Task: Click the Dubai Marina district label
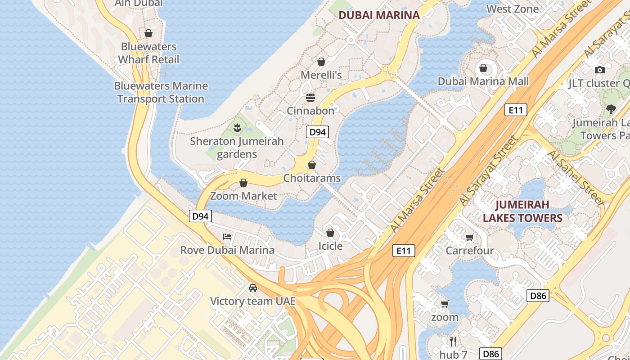[x=379, y=15]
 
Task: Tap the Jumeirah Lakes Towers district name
[x=522, y=211]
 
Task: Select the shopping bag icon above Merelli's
[x=321, y=61]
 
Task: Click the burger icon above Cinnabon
[x=310, y=97]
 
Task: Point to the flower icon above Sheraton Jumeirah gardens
[x=237, y=128]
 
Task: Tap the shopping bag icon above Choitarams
[x=312, y=165]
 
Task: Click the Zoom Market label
[x=243, y=196]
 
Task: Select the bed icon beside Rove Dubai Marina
[x=227, y=236]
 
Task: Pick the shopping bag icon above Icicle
[x=330, y=233]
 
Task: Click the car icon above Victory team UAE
[x=253, y=288]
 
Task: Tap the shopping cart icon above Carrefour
[x=470, y=237]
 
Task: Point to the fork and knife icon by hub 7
[x=453, y=342]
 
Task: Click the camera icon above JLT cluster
[x=599, y=70]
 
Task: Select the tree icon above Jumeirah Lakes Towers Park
[x=611, y=109]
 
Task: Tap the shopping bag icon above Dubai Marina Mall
[x=483, y=68]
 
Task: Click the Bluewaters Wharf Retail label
[x=148, y=53]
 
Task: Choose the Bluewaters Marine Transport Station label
[x=161, y=92]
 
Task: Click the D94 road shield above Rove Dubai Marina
[x=200, y=216]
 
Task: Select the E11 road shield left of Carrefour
[x=403, y=251]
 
